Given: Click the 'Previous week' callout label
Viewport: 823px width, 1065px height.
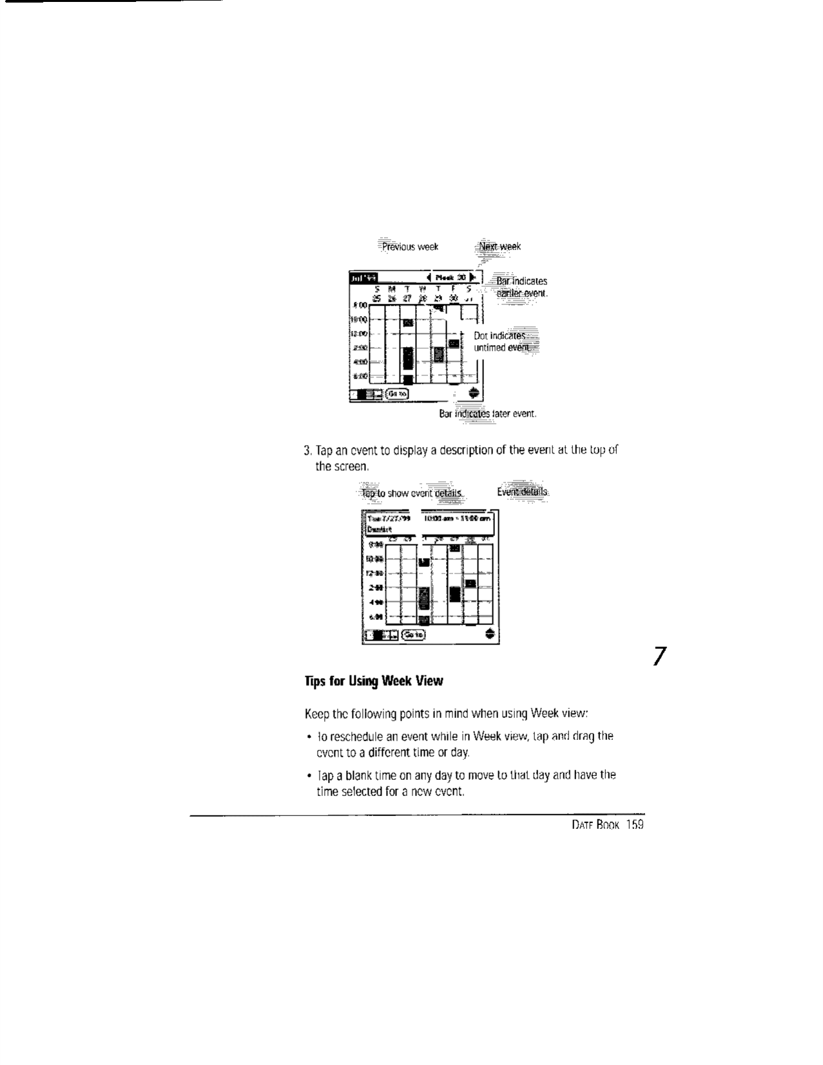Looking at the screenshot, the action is [410, 246].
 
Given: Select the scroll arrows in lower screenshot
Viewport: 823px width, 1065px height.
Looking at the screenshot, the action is [490, 634].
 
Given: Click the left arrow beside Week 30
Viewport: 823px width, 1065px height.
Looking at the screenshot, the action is [429, 277].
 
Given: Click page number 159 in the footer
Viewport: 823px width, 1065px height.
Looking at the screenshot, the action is [634, 826].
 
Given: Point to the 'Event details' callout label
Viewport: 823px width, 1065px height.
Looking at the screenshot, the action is [523, 492].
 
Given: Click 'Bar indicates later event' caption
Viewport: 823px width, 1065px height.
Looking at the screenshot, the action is [488, 413].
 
